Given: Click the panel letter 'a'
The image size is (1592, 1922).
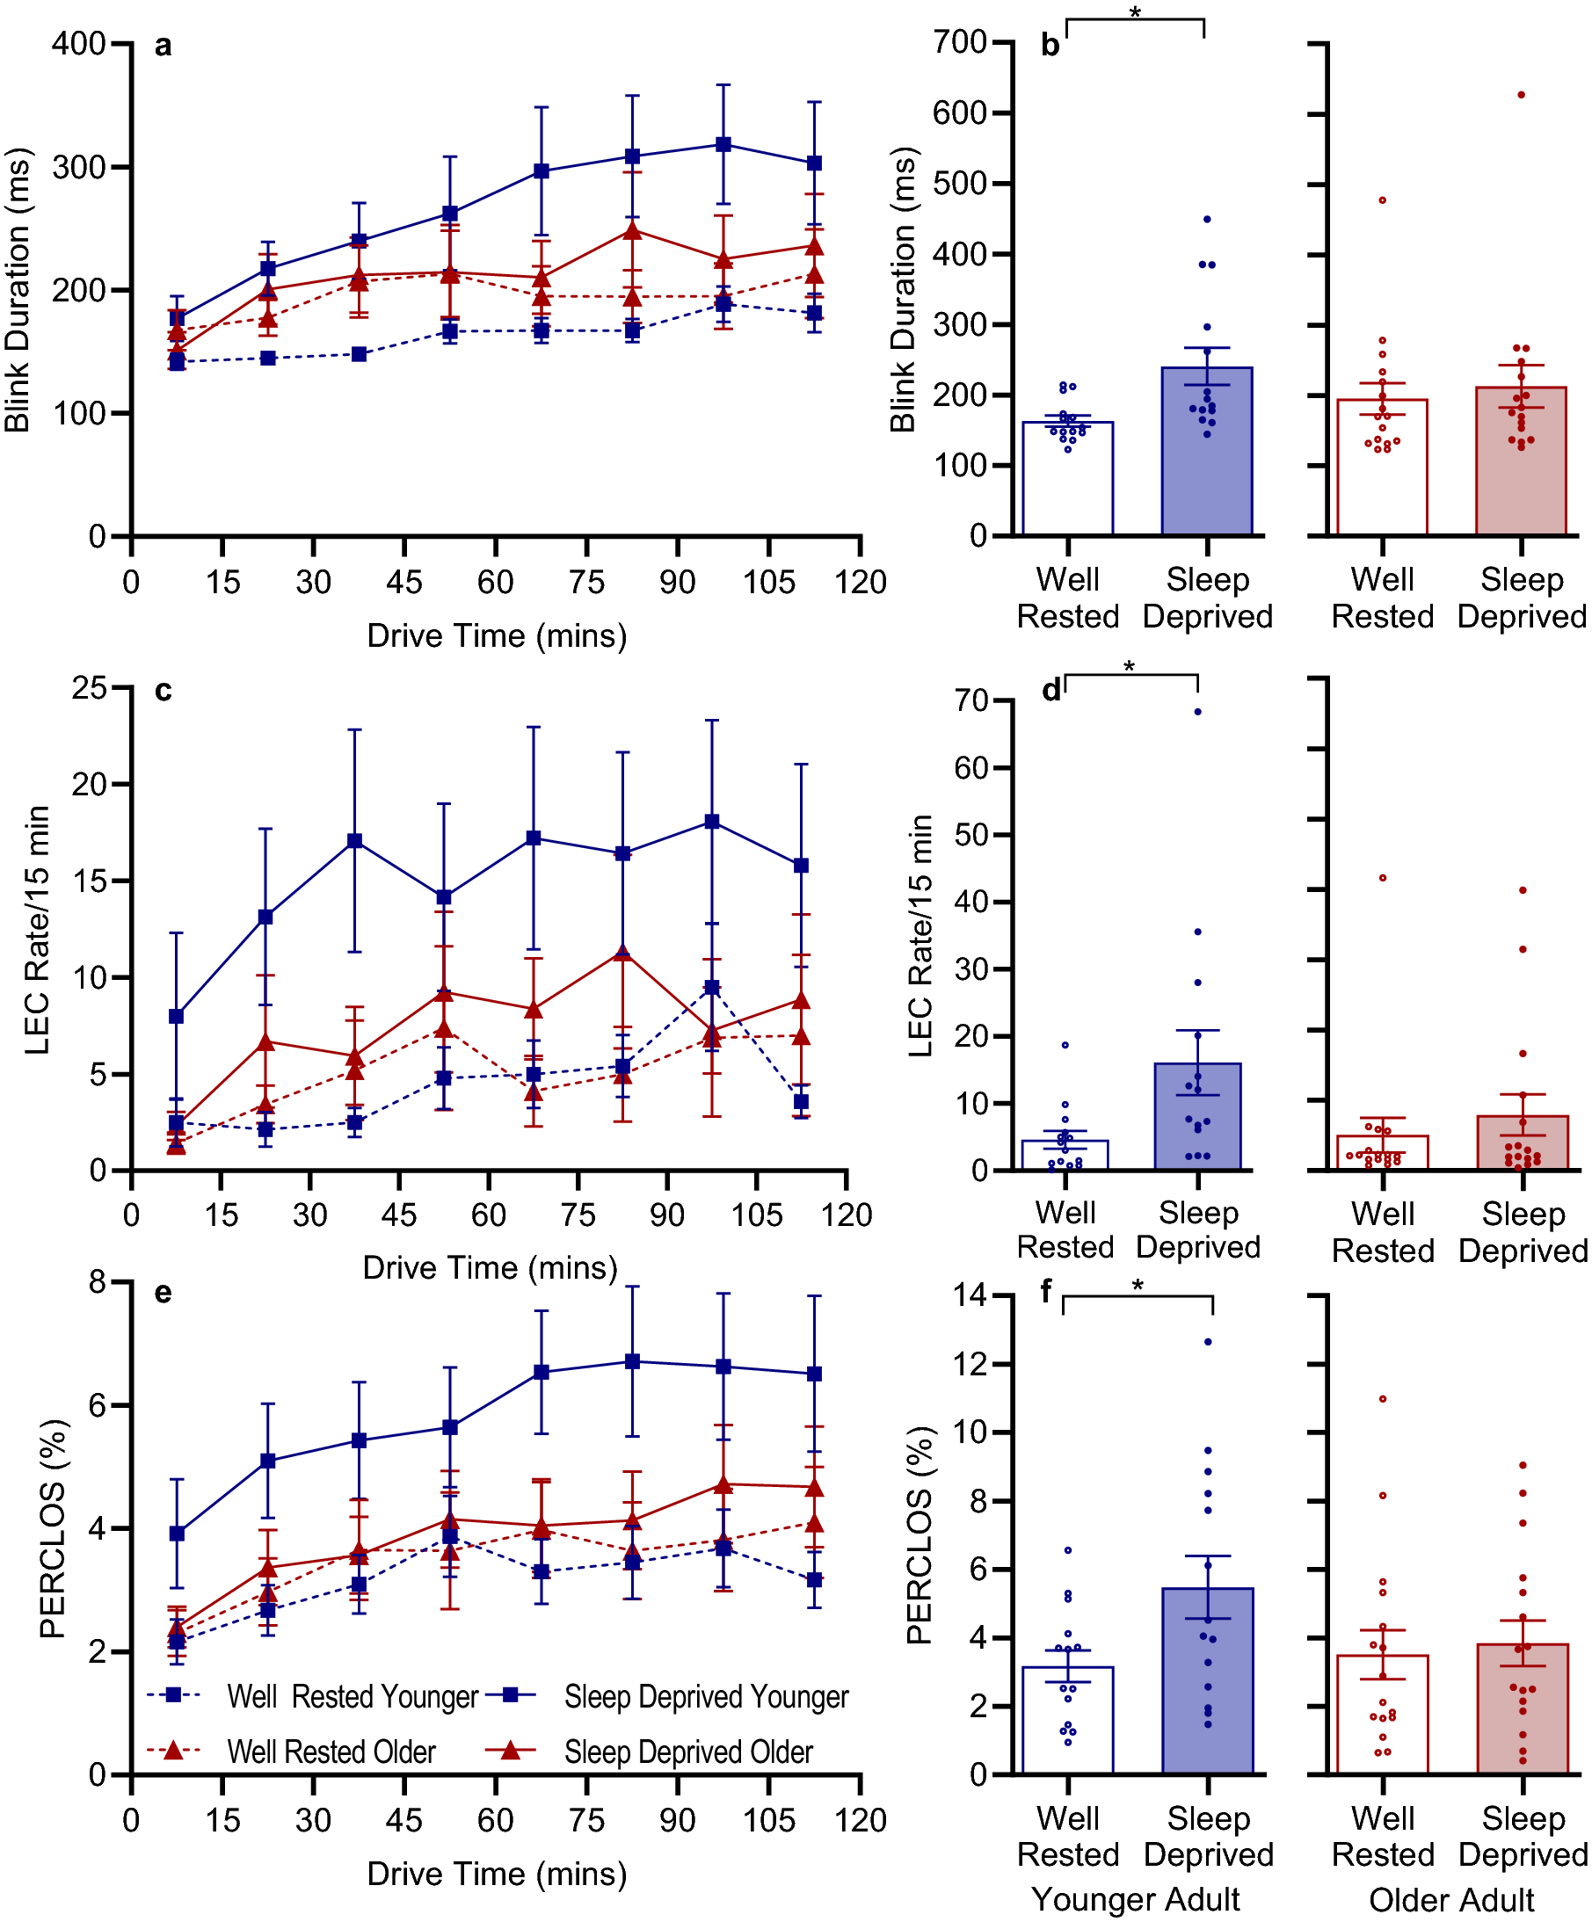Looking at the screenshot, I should (163, 45).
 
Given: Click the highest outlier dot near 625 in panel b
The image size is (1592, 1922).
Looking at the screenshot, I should (1522, 94).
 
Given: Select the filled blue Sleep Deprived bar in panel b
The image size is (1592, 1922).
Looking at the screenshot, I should (1207, 458).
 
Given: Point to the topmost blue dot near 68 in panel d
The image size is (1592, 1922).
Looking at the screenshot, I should (1197, 711).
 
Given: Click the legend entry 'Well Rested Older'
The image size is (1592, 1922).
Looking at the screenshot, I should (331, 1752).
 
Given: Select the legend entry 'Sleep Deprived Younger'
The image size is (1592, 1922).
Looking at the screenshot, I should (706, 1696).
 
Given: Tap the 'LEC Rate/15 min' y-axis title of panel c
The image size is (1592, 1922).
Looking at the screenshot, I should (37, 930).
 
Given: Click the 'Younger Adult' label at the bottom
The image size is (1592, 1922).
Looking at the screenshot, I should (1135, 1899).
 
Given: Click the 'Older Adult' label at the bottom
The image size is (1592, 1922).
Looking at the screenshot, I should (1451, 1900).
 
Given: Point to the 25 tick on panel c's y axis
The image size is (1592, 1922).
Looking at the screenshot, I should (89, 687).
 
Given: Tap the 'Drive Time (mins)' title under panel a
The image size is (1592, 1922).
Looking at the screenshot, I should (496, 635).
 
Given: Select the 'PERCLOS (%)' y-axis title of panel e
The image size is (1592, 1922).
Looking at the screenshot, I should (53, 1528).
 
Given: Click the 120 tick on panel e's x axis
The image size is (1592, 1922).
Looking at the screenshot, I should (860, 1820).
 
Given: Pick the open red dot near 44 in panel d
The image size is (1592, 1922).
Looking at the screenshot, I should (1383, 878).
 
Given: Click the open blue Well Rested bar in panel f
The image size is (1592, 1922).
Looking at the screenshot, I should (1067, 1721).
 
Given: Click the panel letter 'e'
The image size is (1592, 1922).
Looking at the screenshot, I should (163, 1292).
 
